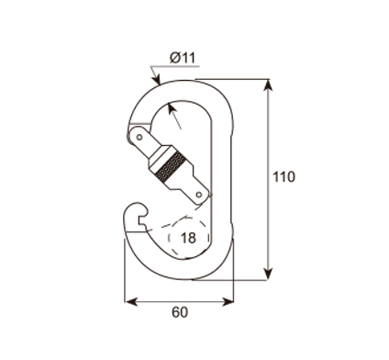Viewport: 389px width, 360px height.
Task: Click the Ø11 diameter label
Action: (183, 58)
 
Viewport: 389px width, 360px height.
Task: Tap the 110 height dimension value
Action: (283, 177)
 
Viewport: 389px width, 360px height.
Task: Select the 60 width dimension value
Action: (180, 312)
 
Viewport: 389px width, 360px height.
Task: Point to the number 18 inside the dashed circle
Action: (188, 238)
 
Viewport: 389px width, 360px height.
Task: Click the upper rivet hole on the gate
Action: (139, 137)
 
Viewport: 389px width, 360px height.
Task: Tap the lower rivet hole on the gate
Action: (199, 195)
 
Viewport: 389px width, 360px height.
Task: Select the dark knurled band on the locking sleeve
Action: (171, 167)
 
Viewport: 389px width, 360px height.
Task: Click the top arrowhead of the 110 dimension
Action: (268, 85)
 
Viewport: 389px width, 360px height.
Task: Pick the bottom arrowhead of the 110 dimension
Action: (268, 274)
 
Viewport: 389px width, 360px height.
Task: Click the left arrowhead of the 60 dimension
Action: (130, 302)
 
